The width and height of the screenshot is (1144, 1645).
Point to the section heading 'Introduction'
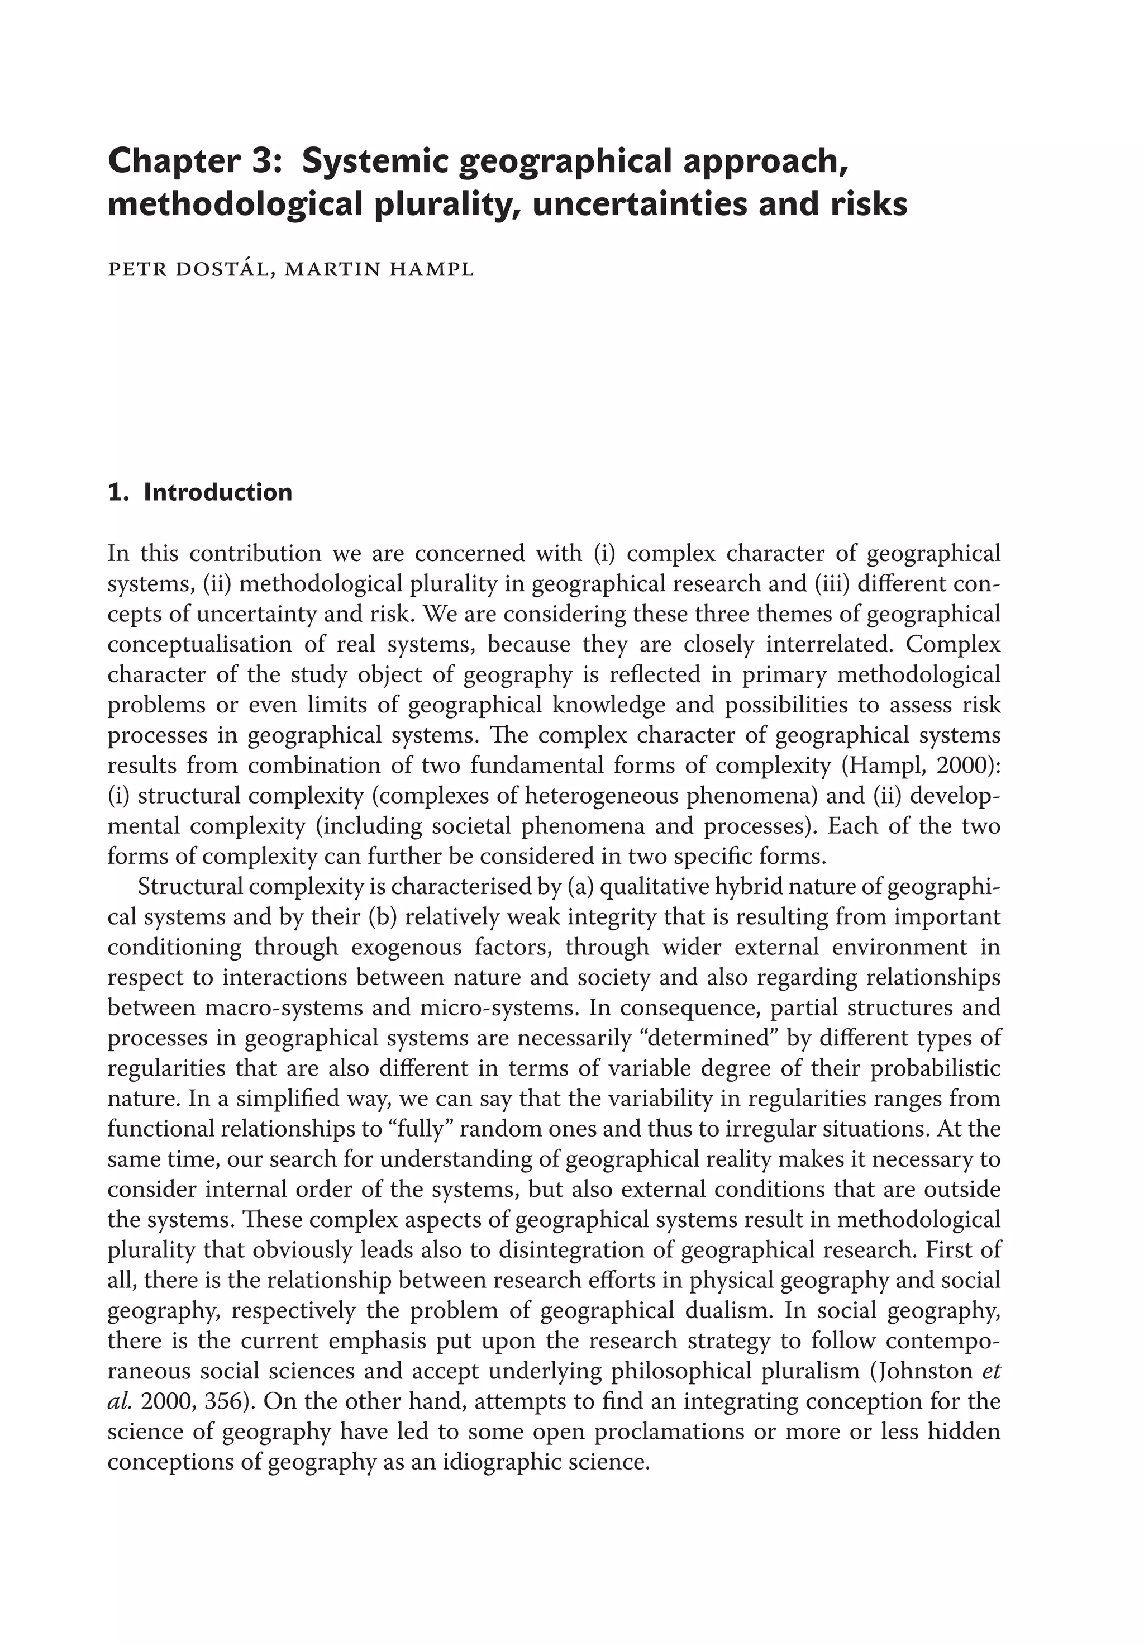[218, 492]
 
